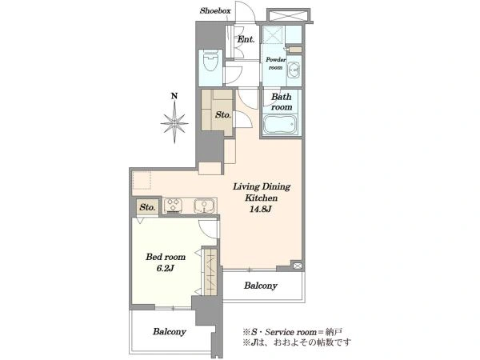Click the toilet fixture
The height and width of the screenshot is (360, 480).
pyautogui.click(x=210, y=62)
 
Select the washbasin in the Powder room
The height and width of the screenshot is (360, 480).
pyautogui.click(x=294, y=70)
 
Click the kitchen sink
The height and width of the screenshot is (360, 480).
pyautogui.click(x=204, y=206)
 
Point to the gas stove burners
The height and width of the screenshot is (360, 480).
pyautogui.click(x=174, y=206)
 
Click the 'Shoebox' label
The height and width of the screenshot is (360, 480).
pyautogui.click(x=215, y=10)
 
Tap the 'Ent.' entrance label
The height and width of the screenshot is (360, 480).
pyautogui.click(x=246, y=39)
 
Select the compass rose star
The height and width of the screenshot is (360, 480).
pyautogui.click(x=174, y=122)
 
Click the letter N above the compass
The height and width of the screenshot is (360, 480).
pyautogui.click(x=174, y=96)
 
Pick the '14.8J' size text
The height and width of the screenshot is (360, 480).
pyautogui.click(x=261, y=210)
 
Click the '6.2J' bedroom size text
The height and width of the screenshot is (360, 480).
pyautogui.click(x=166, y=269)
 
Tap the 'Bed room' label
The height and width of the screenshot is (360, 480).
pyautogui.click(x=166, y=257)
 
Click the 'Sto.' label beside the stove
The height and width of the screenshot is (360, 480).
pyautogui.click(x=147, y=207)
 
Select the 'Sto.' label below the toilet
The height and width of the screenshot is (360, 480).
pyautogui.click(x=223, y=115)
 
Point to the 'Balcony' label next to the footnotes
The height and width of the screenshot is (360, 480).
pyautogui.click(x=170, y=331)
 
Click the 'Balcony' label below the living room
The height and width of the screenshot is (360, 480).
pyautogui.click(x=261, y=286)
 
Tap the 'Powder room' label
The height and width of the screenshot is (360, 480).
pyautogui.click(x=275, y=63)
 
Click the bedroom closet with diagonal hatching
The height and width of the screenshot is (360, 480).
pyautogui.click(x=210, y=271)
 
